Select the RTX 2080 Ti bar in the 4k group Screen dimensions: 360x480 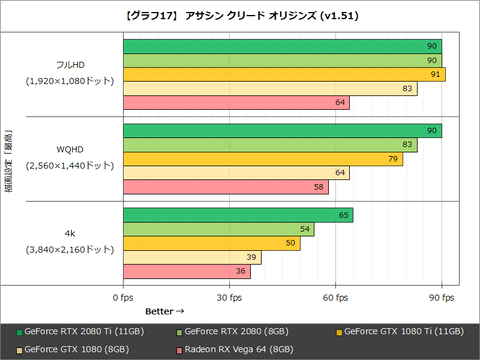237,215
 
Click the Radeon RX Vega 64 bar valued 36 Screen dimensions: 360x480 186,271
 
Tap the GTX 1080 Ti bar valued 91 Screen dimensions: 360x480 284,74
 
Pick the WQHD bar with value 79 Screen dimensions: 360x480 263,158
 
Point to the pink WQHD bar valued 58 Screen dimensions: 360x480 225,187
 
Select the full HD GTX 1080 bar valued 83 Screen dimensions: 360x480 270,88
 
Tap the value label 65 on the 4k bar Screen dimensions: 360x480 344,215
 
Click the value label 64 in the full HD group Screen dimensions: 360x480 341,102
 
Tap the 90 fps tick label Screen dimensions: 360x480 441,297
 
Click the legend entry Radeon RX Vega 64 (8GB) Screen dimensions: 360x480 235,350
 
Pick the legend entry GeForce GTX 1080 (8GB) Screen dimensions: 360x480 74,350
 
